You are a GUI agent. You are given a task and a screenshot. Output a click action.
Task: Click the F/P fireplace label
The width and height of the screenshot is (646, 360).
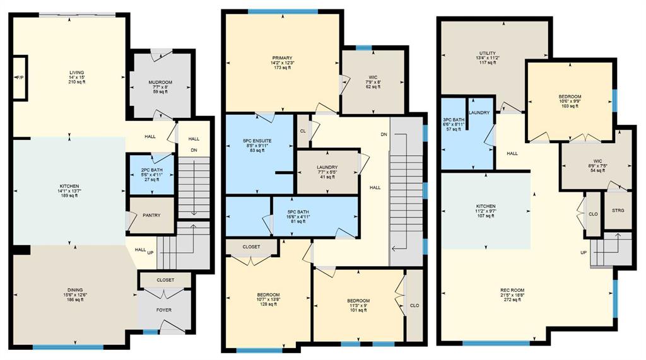coord(20,78)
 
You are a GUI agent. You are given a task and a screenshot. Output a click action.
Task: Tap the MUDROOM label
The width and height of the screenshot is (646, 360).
coord(160,83)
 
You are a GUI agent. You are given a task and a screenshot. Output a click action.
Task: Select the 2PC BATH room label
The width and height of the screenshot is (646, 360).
coord(151,170)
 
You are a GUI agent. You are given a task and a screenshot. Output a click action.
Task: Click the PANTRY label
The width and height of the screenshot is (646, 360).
coord(151,216)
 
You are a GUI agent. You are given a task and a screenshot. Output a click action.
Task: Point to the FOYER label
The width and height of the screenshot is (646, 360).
coord(164,310)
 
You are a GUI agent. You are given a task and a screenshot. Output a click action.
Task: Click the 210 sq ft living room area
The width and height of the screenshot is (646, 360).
coord(77,82)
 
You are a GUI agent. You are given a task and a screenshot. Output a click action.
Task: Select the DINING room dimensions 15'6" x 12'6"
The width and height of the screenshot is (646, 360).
coord(76,295)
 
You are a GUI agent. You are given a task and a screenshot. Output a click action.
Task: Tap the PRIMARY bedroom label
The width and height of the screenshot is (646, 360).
coord(282,58)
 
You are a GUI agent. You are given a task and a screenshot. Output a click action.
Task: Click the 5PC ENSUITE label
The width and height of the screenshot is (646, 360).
coord(257,141)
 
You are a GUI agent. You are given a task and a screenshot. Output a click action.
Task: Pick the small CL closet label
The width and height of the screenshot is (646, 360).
coord(303,131)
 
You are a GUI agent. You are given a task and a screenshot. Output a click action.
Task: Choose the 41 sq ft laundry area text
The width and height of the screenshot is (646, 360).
coord(327,177)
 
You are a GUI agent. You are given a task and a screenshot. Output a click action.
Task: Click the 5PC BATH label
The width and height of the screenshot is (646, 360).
coord(298,212)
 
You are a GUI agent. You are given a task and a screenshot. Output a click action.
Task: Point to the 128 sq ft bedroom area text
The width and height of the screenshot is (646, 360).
coord(268,305)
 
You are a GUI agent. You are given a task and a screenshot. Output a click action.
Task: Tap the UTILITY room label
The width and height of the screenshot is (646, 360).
coord(488,54)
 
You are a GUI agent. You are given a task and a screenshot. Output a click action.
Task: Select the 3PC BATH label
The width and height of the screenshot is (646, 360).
coord(453,120)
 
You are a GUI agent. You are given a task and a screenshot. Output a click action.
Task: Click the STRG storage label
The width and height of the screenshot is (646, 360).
coord(618,210)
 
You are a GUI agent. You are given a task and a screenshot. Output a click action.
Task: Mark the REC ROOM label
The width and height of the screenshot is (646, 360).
coord(512,291)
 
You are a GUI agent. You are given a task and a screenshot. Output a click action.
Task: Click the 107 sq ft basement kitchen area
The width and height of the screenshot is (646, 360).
coord(486,216)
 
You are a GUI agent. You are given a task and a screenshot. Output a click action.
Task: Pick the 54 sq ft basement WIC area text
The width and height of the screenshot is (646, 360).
coord(598,170)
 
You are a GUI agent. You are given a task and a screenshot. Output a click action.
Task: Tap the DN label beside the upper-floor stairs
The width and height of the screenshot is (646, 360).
coord(384,135)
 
